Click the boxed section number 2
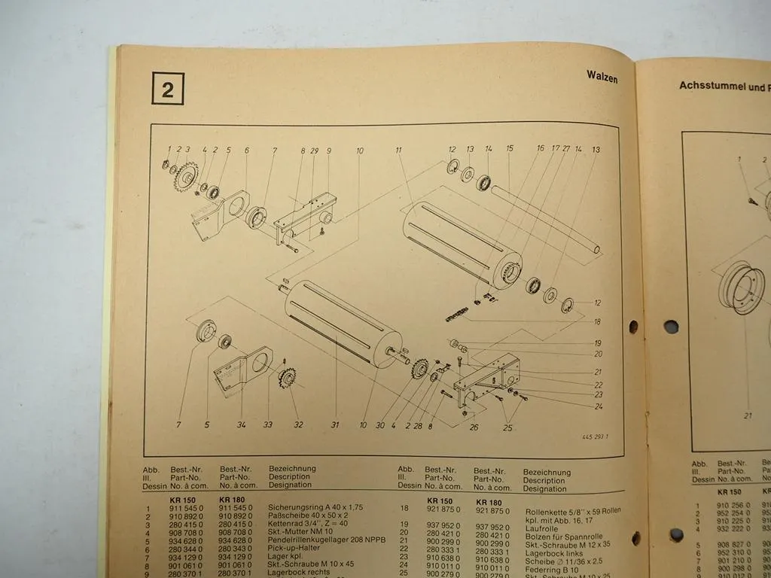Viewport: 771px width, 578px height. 166,90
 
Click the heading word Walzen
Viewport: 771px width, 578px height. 602,76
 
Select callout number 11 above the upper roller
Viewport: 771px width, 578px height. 398,151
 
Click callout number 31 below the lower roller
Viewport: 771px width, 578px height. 335,424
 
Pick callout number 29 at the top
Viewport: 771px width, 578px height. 315,151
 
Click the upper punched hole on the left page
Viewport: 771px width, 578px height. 632,327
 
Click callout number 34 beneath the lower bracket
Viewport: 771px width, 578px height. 241,424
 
